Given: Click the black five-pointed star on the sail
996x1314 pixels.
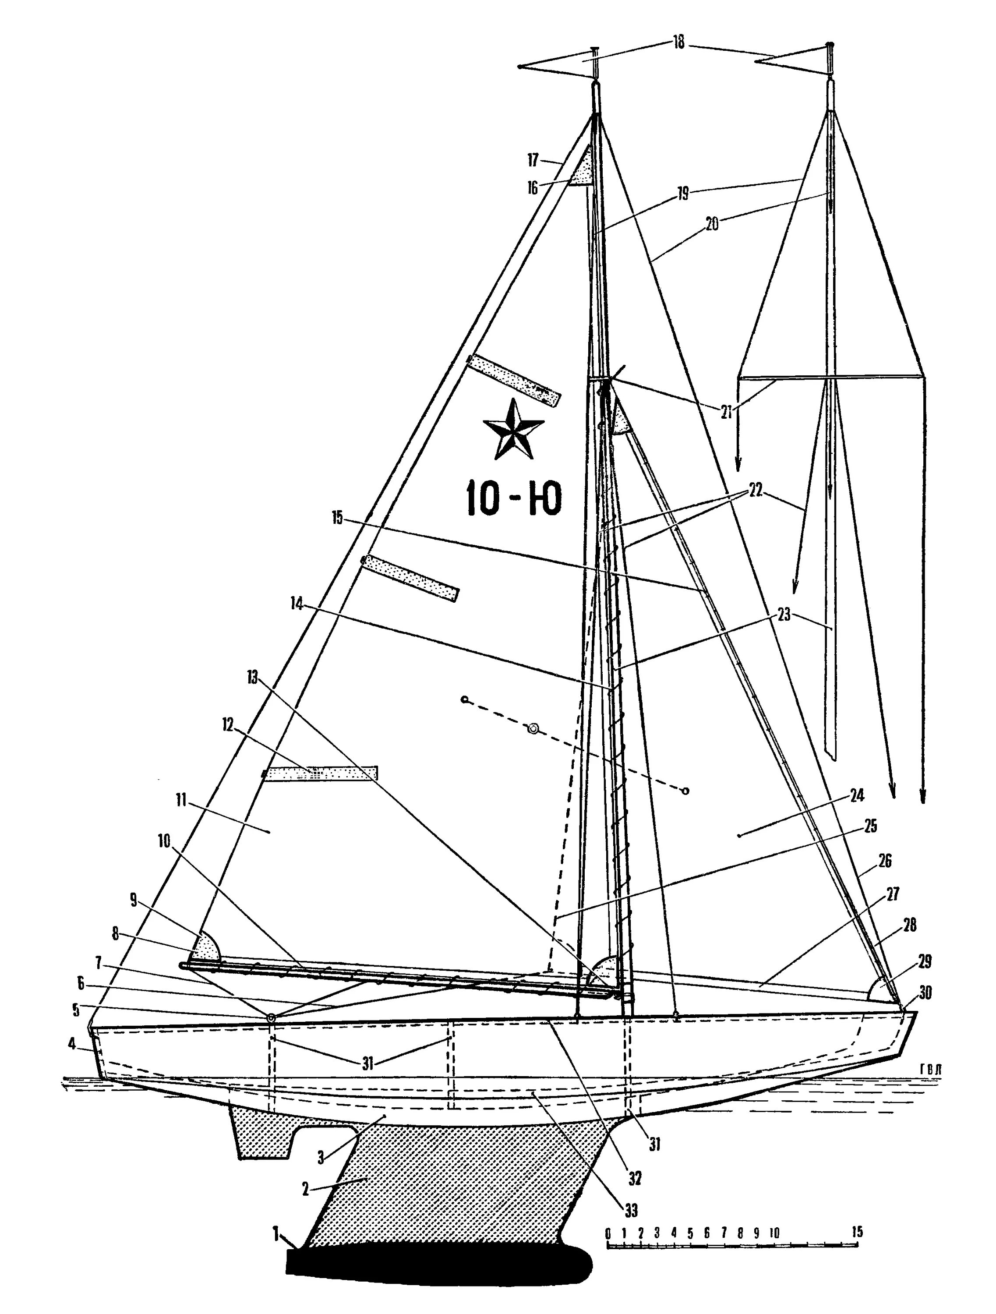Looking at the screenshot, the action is click(x=513, y=430).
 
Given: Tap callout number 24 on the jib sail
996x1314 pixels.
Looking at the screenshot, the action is click(x=856, y=795).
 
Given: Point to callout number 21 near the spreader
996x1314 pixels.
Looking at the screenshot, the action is click(x=726, y=412).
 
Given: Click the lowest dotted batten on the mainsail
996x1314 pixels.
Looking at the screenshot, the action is click(x=321, y=774).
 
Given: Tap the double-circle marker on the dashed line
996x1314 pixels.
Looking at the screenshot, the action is click(x=533, y=729).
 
